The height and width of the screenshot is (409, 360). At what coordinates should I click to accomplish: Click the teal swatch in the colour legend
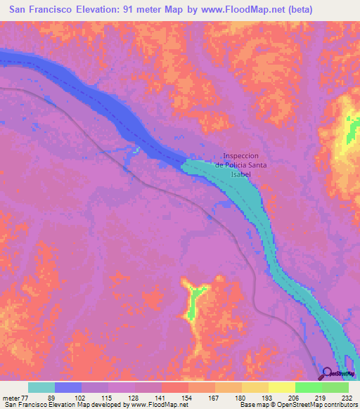coord(41,387)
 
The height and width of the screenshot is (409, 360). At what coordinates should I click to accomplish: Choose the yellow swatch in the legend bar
coord(282,387)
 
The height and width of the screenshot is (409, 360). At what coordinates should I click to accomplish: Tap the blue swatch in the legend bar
coord(68,387)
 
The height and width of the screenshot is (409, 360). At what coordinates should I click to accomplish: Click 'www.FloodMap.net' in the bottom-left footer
coord(154,405)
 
